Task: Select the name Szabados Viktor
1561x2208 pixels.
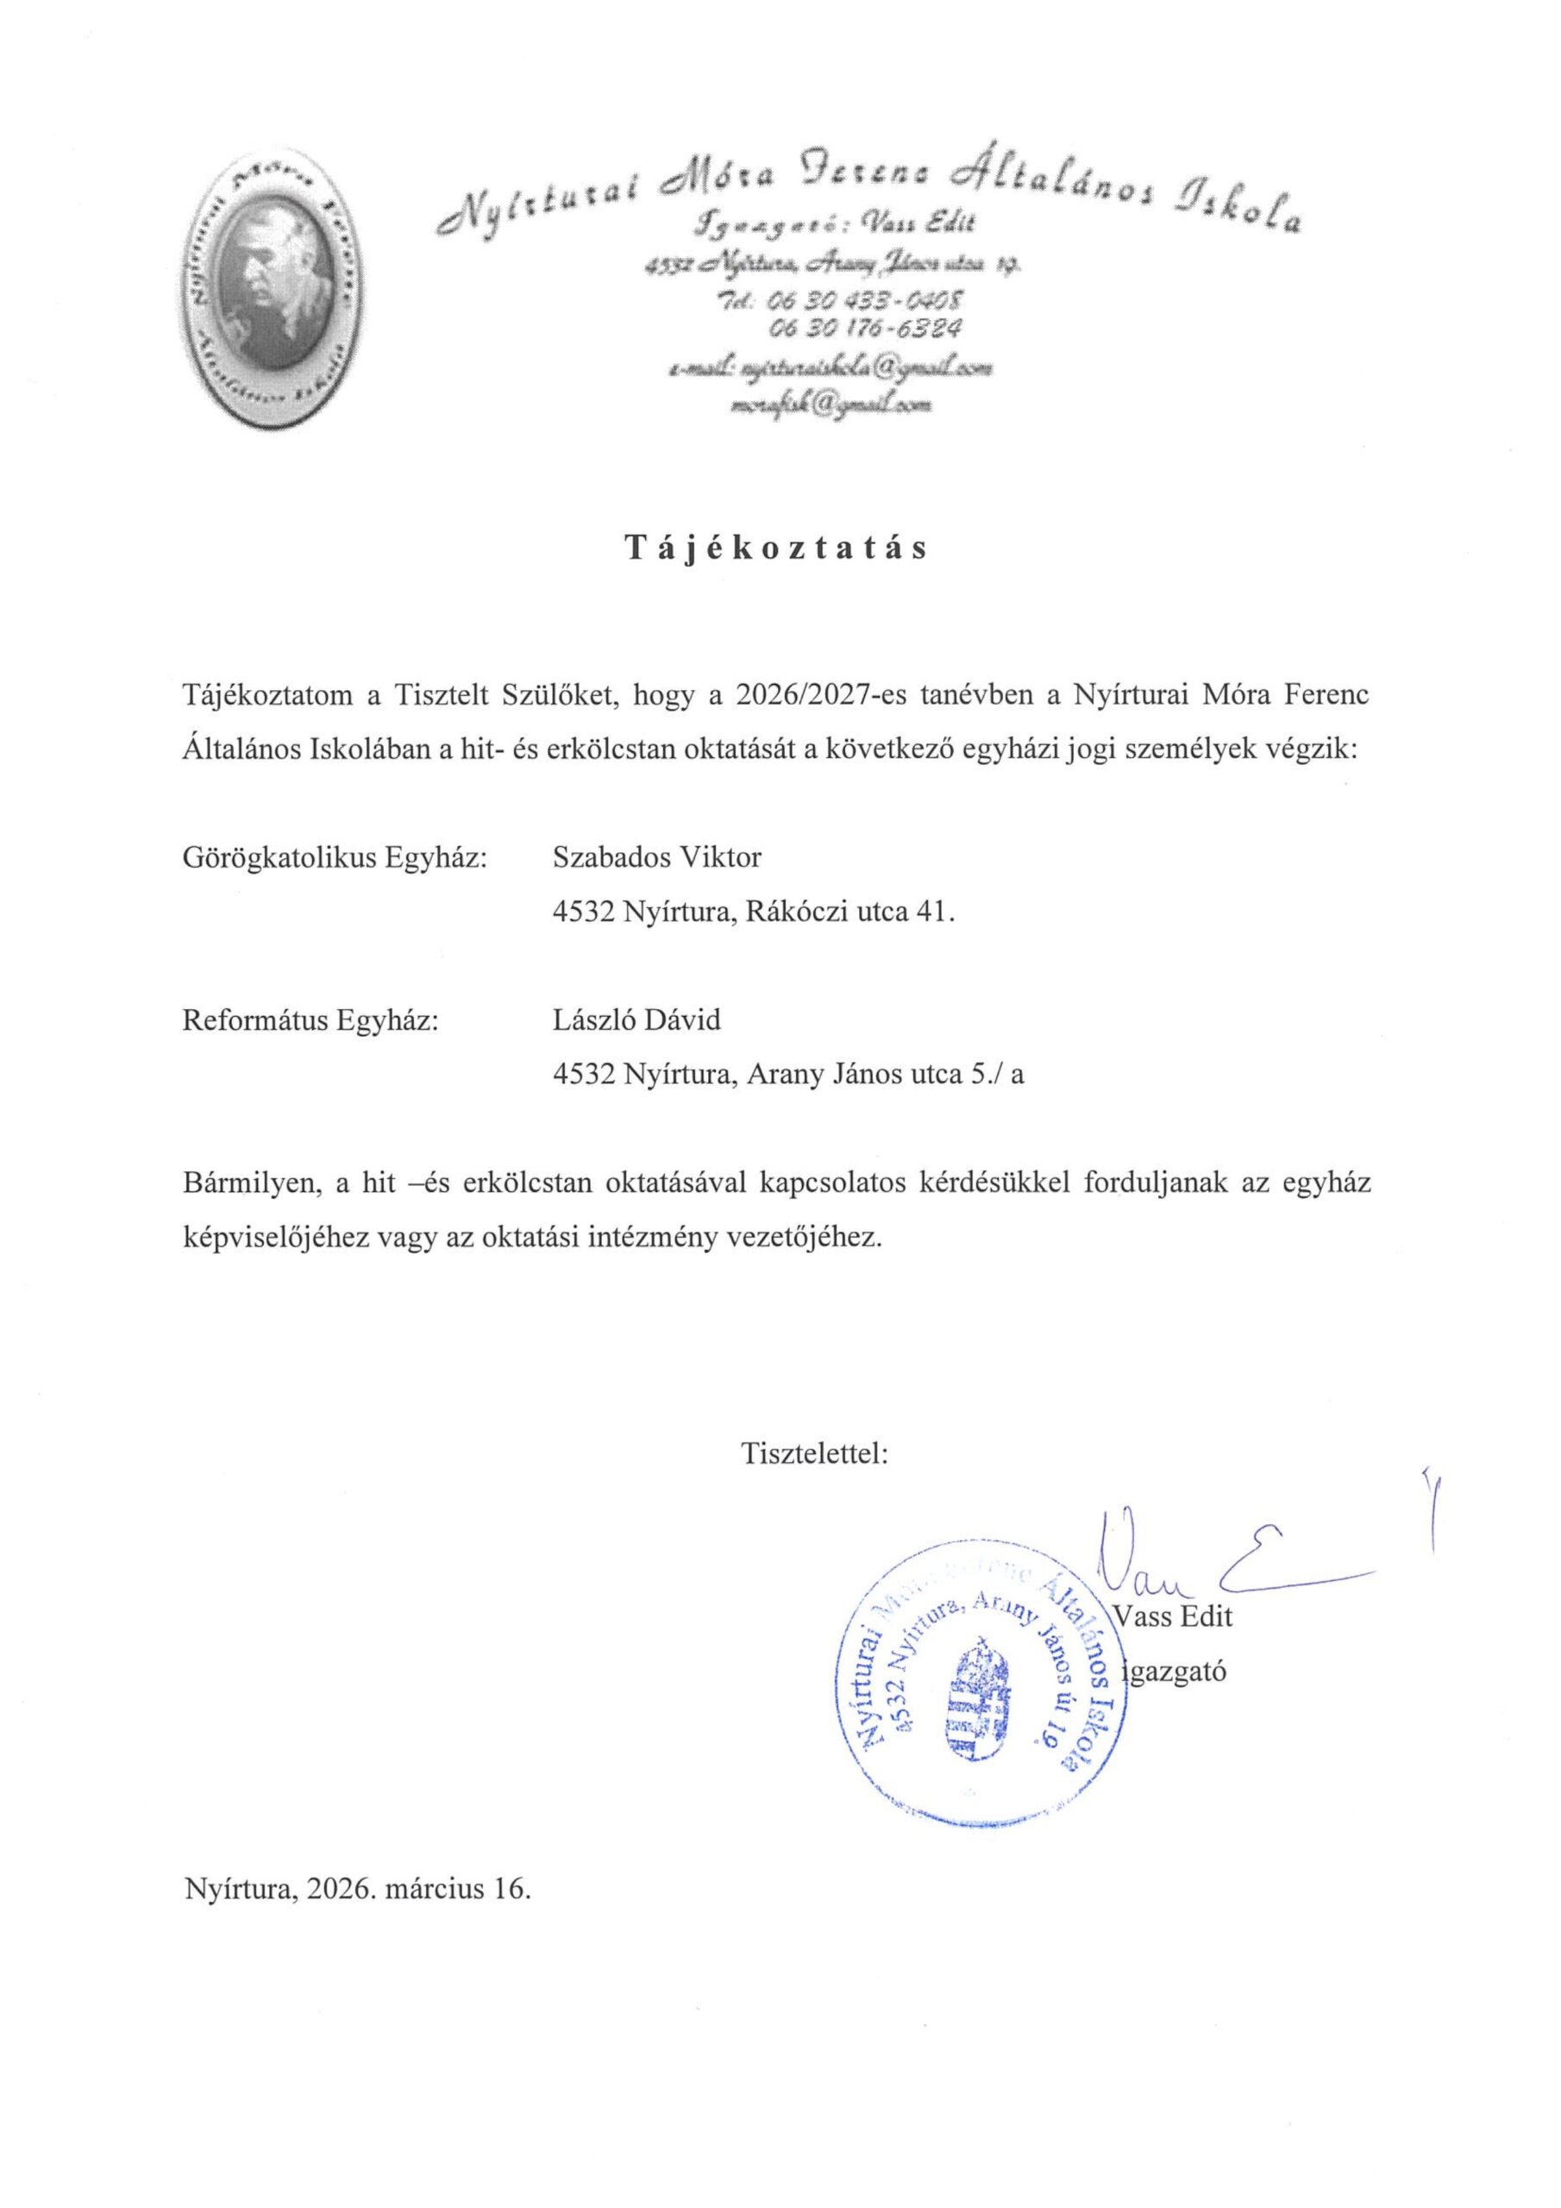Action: (x=656, y=856)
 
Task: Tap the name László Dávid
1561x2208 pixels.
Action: (x=636, y=1019)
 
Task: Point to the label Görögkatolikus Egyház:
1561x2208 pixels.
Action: (x=335, y=856)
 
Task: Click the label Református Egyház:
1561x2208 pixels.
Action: (x=310, y=1019)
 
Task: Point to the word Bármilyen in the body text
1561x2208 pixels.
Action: (x=252, y=1182)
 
